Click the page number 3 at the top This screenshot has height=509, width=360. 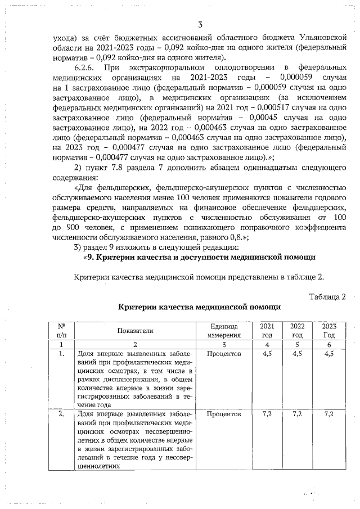coord(200,24)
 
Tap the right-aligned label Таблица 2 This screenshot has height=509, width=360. coord(327,296)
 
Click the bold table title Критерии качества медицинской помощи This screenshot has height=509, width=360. coord(200,308)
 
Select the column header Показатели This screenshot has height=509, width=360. coord(136,332)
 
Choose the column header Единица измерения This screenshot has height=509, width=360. coord(224,331)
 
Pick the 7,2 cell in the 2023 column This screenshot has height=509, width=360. coord(329,414)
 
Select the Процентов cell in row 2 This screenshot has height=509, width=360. coord(224,414)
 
